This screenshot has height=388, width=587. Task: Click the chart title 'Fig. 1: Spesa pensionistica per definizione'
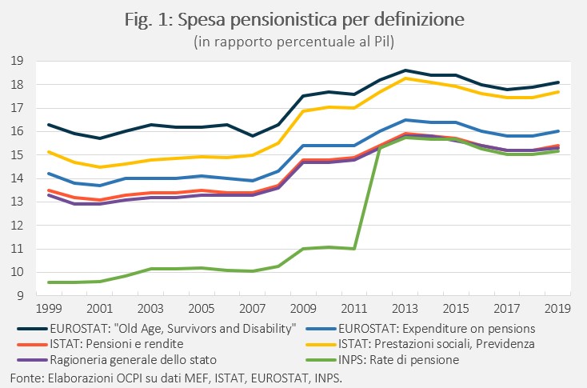[x=294, y=20]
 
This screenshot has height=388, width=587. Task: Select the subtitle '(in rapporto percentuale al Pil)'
[x=293, y=42]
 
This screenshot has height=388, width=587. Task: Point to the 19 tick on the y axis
[x=17, y=61]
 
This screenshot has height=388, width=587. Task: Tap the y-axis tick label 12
[x=17, y=226]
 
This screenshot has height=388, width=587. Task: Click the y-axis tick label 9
[x=20, y=296]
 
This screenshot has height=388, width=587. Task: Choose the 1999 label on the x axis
[x=49, y=309]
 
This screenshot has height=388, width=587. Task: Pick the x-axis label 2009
[x=303, y=309]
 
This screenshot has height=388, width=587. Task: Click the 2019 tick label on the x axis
[x=557, y=309]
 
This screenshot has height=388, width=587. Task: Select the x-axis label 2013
[x=405, y=309]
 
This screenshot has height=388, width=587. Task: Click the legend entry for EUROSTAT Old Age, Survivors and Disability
[x=157, y=329]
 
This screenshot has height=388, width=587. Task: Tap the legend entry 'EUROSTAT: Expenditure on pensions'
[x=421, y=329]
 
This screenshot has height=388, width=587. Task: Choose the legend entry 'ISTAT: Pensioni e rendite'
[x=100, y=344]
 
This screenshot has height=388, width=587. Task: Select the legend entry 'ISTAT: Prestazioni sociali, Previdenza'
[x=420, y=344]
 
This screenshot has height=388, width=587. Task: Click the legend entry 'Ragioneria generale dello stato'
[x=117, y=360]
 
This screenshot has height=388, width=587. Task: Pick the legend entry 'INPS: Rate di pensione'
[x=382, y=360]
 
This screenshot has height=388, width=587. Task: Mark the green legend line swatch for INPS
[x=321, y=360]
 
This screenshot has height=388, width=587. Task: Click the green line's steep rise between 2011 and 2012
[x=367, y=198]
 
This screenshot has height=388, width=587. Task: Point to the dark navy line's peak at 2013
[x=405, y=70]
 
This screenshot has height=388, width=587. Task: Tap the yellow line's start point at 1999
[x=49, y=152]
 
